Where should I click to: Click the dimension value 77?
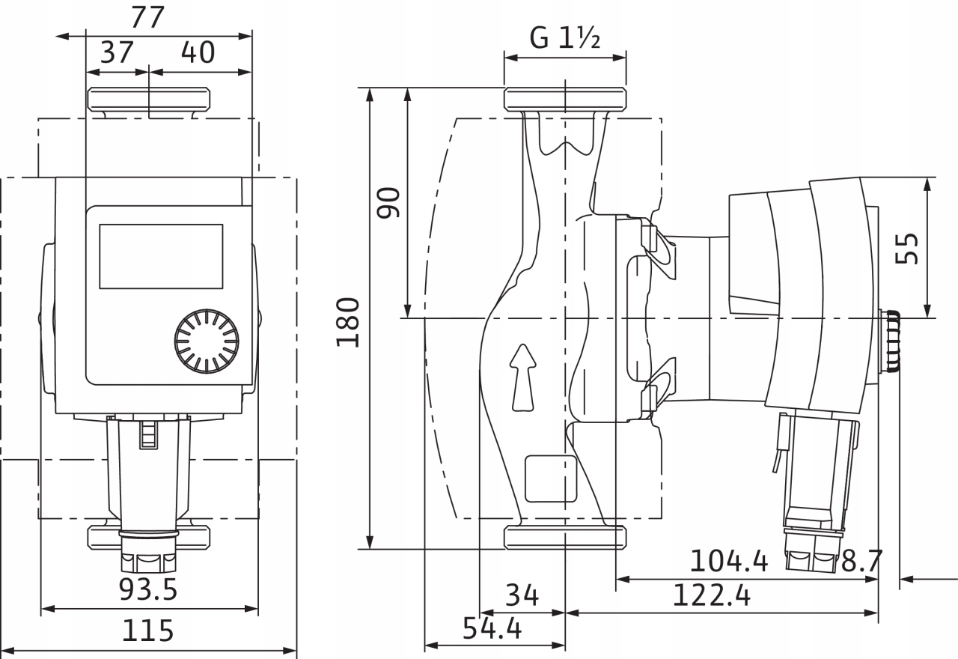pyautogui.click(x=147, y=17)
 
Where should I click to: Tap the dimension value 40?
pyautogui.click(x=198, y=53)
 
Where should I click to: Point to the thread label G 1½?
pyautogui.click(x=565, y=38)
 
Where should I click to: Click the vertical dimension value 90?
pyautogui.click(x=389, y=203)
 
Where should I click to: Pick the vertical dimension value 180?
pyautogui.click(x=349, y=322)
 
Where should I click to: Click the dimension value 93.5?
pyautogui.click(x=148, y=590)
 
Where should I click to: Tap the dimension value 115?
pyautogui.click(x=147, y=631)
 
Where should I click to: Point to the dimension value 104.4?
pyautogui.click(x=728, y=561)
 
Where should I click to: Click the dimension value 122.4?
pyautogui.click(x=711, y=595)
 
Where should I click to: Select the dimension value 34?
pyautogui.click(x=522, y=595)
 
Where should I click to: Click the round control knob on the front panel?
pyautogui.click(x=207, y=341)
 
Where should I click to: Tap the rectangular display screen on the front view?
pyautogui.click(x=161, y=256)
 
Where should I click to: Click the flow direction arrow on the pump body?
pyautogui.click(x=523, y=377)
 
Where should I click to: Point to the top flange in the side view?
pyautogui.click(x=565, y=99)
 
